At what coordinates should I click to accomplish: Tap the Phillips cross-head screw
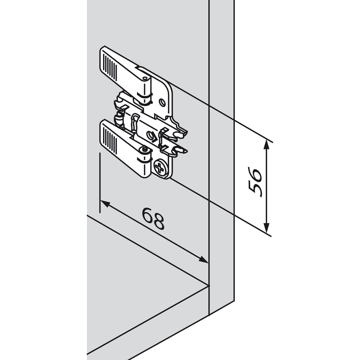160,166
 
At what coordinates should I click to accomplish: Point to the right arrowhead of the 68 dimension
203,259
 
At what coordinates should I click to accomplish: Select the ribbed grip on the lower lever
109,138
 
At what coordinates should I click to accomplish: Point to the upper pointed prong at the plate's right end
184,133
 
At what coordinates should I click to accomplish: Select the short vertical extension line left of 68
100,183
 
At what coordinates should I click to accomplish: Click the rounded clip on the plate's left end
118,118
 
